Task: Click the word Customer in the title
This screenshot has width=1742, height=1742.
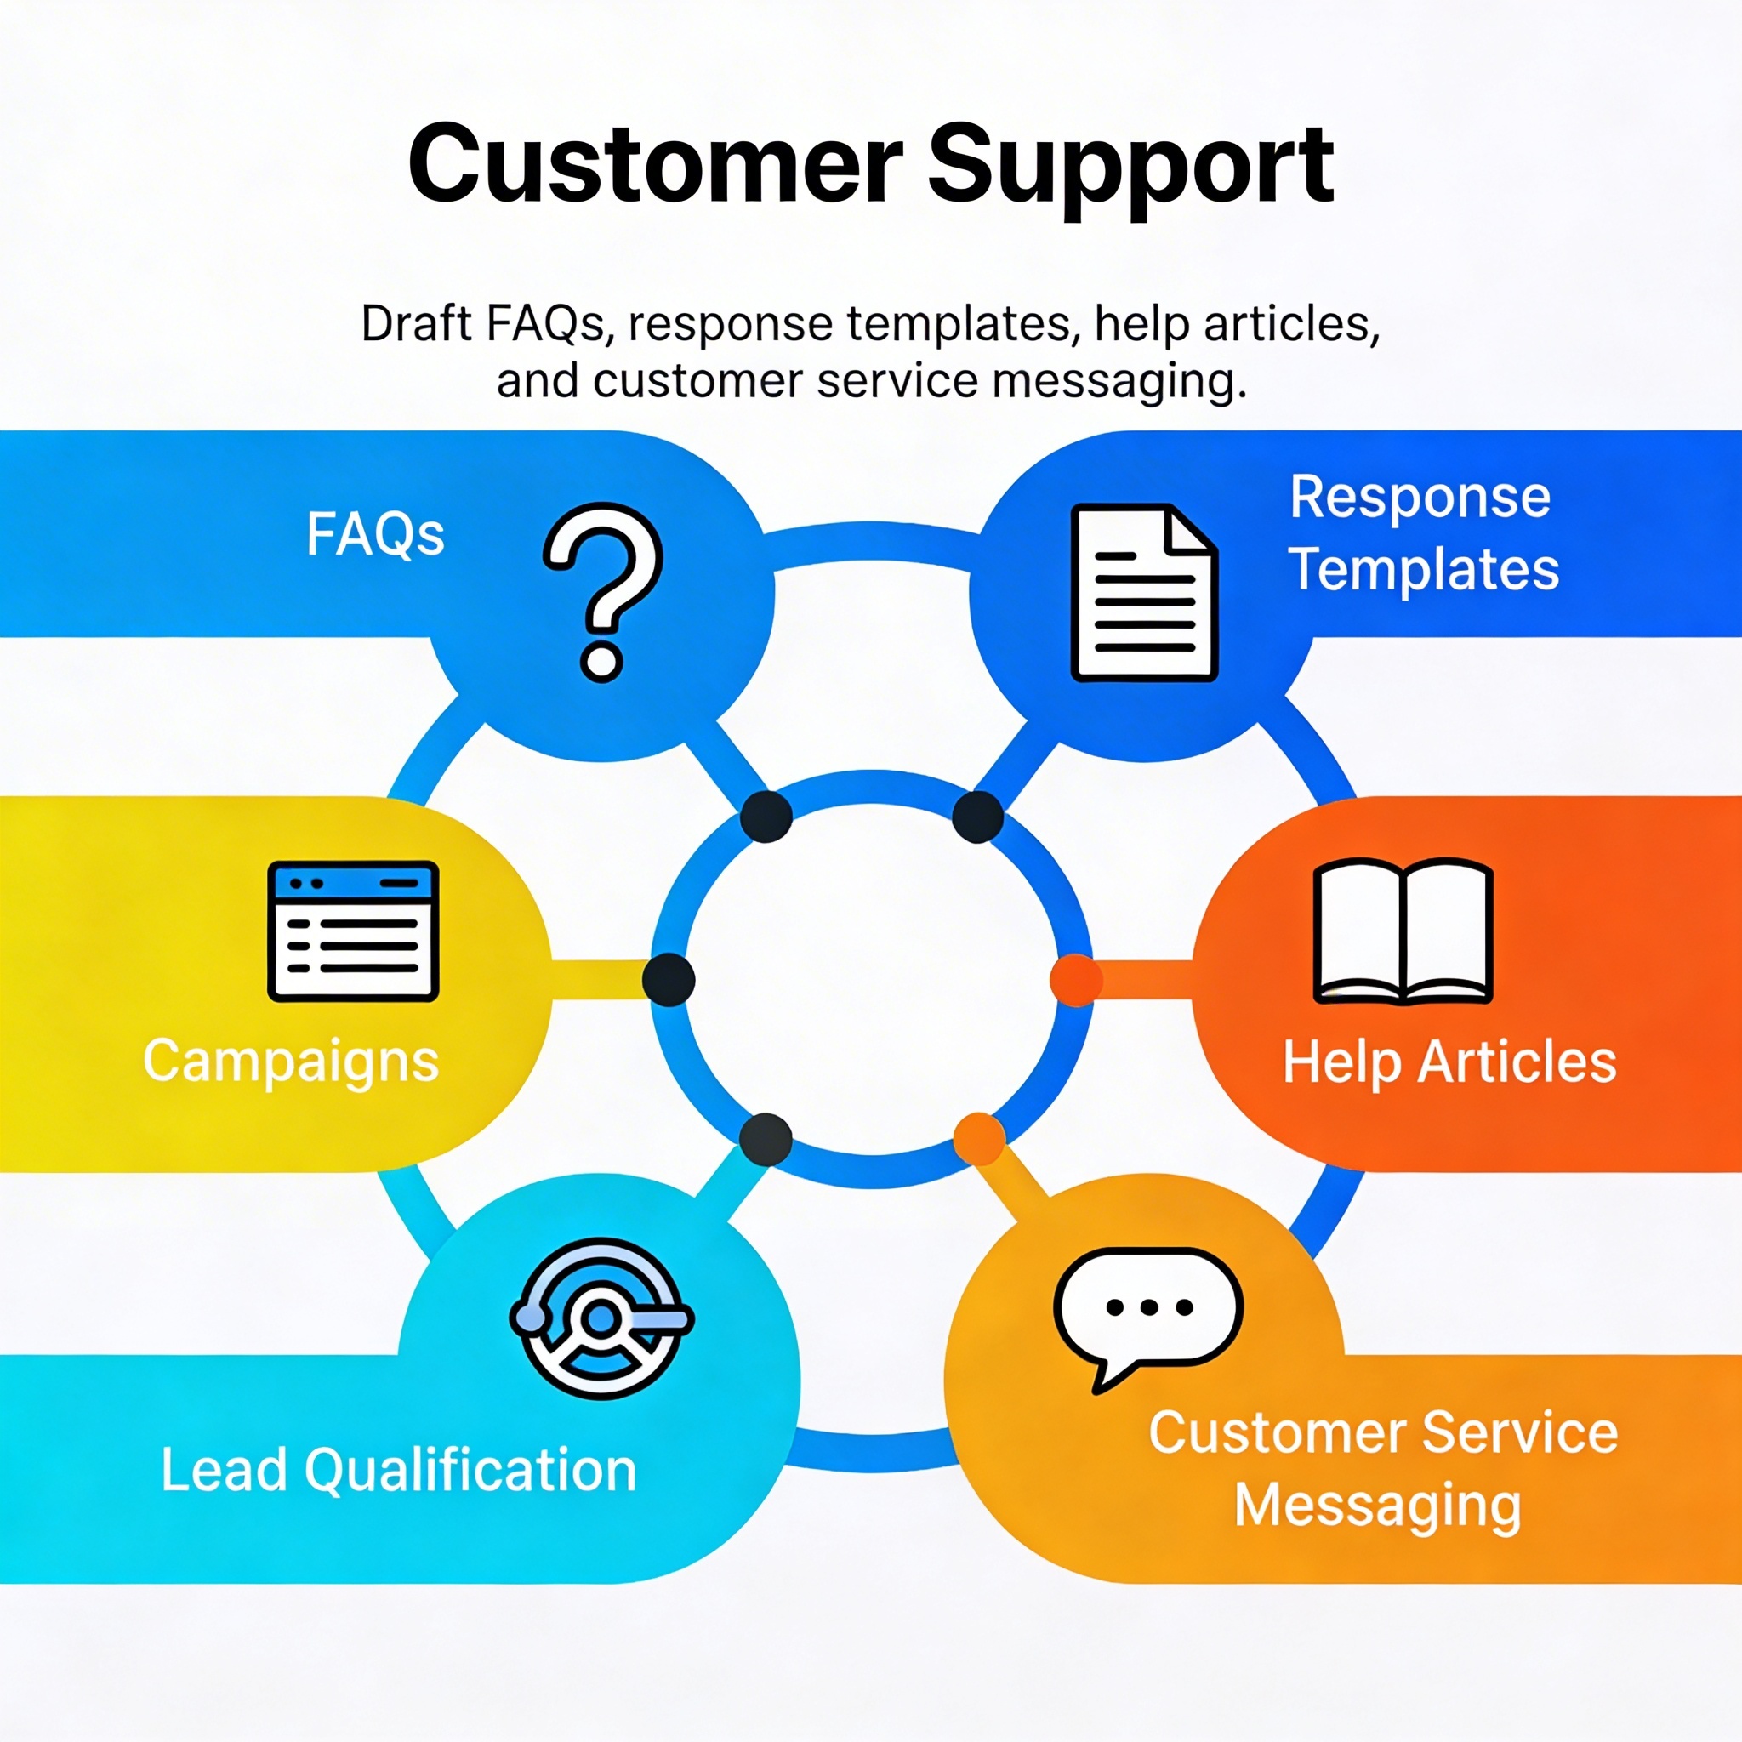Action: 656,165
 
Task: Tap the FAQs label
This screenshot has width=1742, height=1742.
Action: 375,534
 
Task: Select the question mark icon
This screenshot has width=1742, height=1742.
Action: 602,590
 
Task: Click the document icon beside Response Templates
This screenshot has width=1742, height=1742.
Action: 1144,592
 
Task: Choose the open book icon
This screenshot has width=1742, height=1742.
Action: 1403,932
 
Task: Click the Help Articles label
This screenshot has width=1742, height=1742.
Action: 1449,1062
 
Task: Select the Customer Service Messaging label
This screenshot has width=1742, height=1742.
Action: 1382,1469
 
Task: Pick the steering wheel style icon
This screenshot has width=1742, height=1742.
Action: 601,1318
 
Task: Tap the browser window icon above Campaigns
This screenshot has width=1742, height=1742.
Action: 354,931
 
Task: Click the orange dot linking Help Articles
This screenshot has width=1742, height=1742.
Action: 1077,980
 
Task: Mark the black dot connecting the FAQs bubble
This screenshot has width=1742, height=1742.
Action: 766,817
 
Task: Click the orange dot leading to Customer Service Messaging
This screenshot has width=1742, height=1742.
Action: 979,1139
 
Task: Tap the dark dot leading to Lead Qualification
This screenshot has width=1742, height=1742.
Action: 766,1139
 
